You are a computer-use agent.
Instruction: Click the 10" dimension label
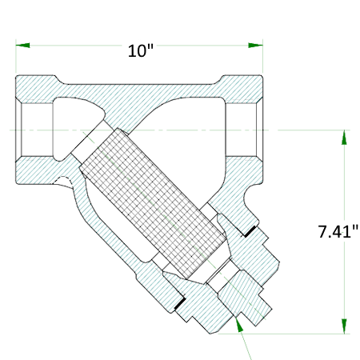(141, 50)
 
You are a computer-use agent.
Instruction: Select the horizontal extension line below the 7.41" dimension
(296, 332)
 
